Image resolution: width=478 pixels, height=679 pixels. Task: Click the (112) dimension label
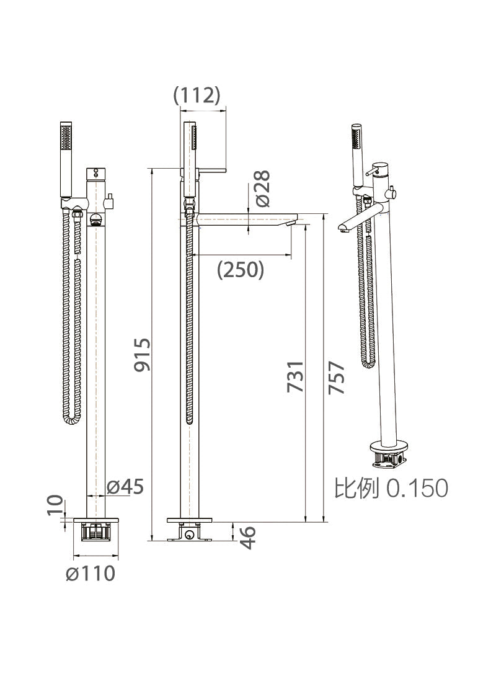(197, 95)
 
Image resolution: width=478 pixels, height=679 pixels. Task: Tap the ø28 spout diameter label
(262, 189)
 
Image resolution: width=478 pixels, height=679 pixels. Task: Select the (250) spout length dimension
(241, 270)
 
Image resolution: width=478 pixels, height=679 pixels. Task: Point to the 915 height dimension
(143, 355)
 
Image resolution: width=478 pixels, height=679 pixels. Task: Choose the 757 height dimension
(337, 378)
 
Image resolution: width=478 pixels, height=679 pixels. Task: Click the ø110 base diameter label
(91, 574)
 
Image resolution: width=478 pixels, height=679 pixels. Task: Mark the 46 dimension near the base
(247, 537)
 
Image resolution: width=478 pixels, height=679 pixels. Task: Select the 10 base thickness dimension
(55, 505)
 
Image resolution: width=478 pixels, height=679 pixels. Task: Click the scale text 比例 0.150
(391, 488)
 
